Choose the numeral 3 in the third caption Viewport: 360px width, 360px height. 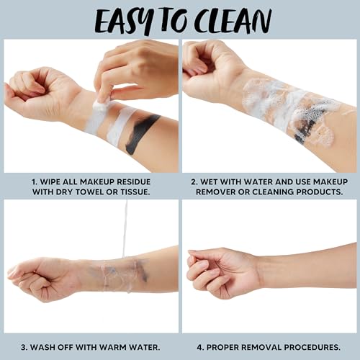(x=24, y=347)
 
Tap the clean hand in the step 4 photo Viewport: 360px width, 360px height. (x=222, y=272)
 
